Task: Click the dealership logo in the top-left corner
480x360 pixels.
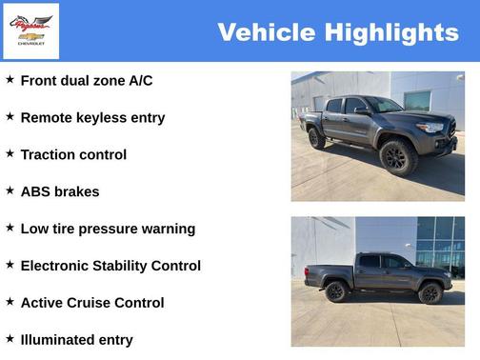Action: pyautogui.click(x=30, y=30)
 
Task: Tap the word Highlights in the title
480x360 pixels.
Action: pyautogui.click(x=391, y=32)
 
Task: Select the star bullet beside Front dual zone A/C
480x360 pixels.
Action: pyautogui.click(x=10, y=80)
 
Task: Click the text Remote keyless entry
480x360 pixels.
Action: pyautogui.click(x=92, y=118)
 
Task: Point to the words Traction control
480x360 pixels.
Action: pyautogui.click(x=73, y=154)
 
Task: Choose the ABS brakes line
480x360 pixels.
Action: pyautogui.click(x=60, y=191)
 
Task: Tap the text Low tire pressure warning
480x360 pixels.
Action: pyautogui.click(x=108, y=229)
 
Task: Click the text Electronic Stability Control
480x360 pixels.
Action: pyautogui.click(x=110, y=266)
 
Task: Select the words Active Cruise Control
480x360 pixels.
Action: pyautogui.click(x=92, y=303)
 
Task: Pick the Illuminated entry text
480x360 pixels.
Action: pyautogui.click(x=76, y=340)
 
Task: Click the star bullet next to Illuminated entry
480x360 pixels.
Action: pyautogui.click(x=10, y=338)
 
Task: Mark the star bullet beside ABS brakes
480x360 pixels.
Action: pyautogui.click(x=10, y=190)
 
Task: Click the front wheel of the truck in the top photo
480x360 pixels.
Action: pyautogui.click(x=397, y=156)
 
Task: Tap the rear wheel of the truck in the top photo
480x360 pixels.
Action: pyautogui.click(x=316, y=138)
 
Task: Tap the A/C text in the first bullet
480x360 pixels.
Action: pyautogui.click(x=140, y=81)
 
